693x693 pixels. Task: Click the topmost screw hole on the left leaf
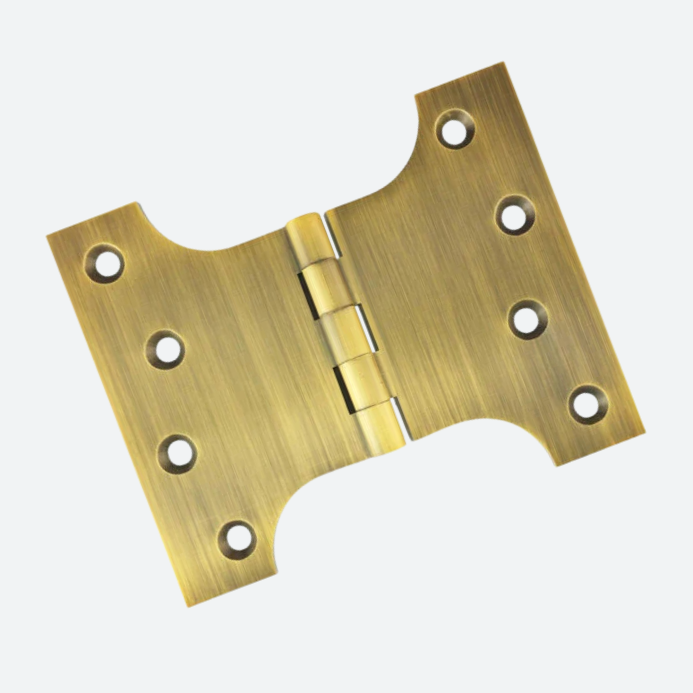tap(105, 264)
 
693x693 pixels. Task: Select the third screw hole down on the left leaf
tap(177, 454)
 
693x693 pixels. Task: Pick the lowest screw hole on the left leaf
tap(237, 540)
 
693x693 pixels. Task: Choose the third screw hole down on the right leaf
tap(528, 320)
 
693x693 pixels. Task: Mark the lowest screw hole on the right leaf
tap(588, 406)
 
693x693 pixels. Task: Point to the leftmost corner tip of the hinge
tap(48, 236)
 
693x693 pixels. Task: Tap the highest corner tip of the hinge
tap(503, 63)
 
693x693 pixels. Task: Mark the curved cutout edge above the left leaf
tap(201, 247)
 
